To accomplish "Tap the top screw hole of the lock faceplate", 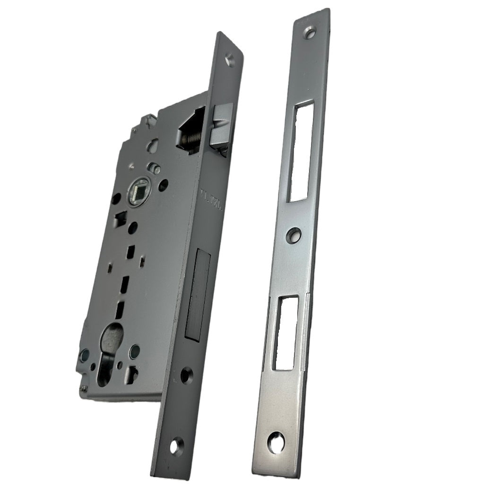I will [230, 60].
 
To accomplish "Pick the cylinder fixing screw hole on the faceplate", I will [187, 375].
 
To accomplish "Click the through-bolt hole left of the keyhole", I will [85, 353].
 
